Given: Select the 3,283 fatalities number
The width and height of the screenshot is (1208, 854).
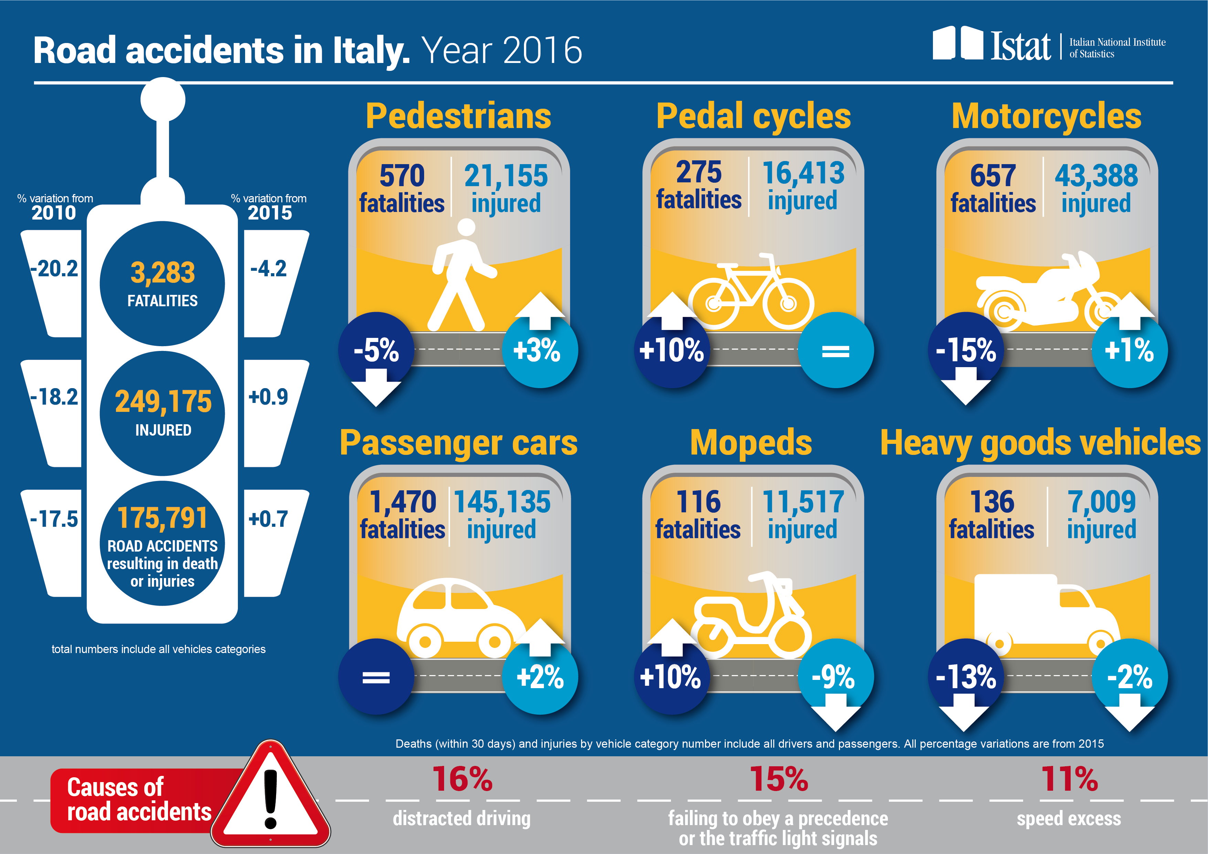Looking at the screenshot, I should (162, 273).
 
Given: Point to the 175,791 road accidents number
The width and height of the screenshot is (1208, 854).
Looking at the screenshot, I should (162, 518).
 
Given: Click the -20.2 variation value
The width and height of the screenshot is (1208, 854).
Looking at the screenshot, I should (54, 269).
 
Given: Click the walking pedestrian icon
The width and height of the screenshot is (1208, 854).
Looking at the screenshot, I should (461, 276).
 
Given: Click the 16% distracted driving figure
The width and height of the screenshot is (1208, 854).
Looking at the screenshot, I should (462, 779).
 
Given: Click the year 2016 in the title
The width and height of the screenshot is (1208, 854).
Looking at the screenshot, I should (542, 51).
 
